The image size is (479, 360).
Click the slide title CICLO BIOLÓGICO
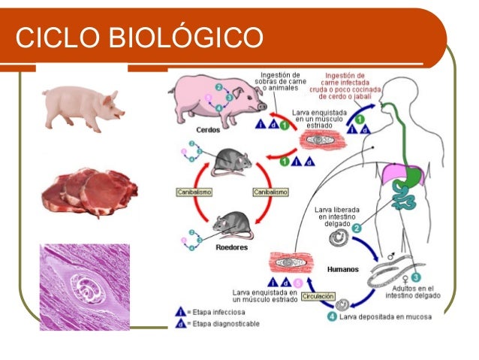pos(140,36)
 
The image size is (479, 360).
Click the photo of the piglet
pos(83,106)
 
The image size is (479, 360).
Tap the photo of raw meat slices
pos(86,195)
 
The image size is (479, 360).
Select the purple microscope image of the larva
pos(85,286)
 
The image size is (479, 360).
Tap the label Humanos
pos(342,268)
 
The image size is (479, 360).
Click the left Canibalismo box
pos(192,192)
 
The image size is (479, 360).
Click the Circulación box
pos(318,297)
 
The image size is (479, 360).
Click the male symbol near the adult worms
pos(390,257)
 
